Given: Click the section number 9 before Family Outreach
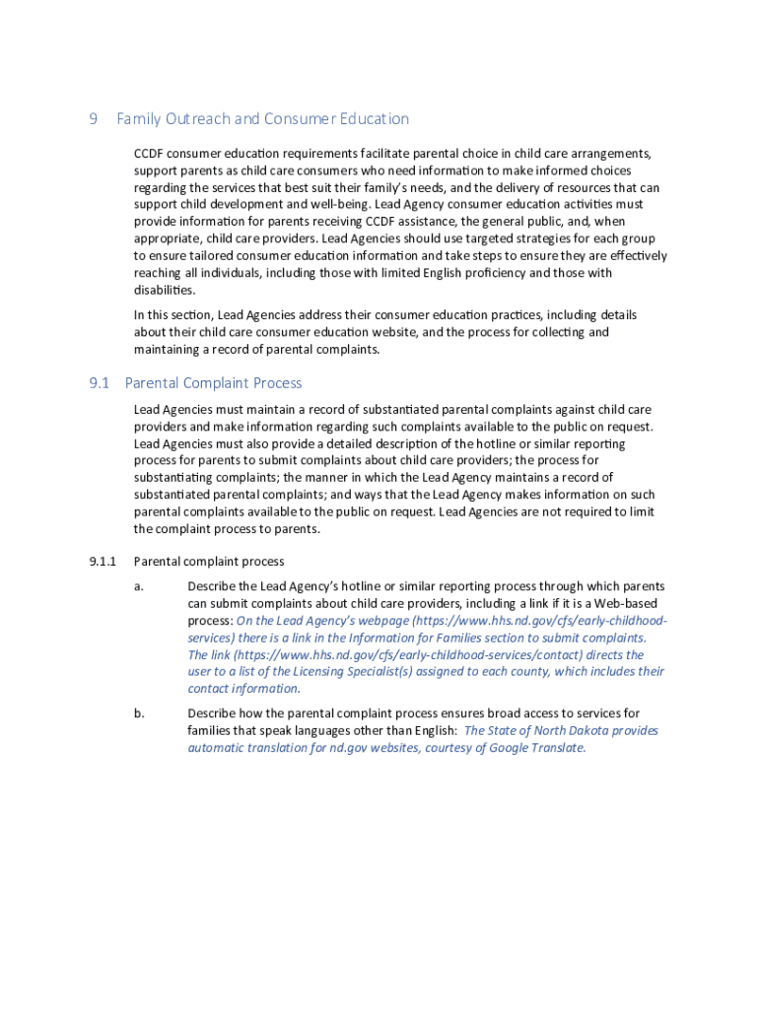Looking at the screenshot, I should (x=94, y=119).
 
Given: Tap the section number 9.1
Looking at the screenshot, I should (x=99, y=383).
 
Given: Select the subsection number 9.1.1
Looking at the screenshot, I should (x=103, y=562).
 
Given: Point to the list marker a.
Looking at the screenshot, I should (x=139, y=586).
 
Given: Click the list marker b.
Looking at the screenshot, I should (x=139, y=713).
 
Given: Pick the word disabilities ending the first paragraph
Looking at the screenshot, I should (x=165, y=291).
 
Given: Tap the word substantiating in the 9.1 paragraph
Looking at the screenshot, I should (x=173, y=478).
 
